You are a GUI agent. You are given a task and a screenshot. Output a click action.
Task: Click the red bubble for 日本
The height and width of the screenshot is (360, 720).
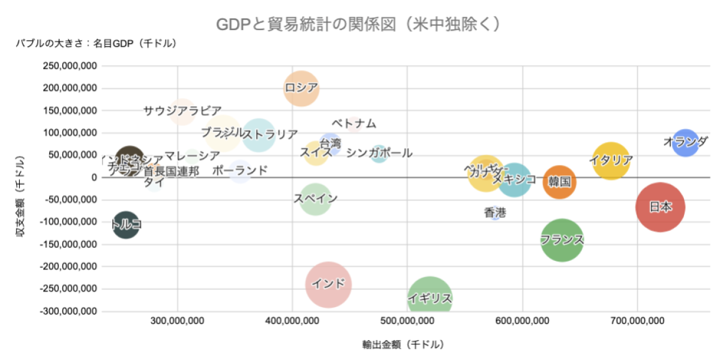660,207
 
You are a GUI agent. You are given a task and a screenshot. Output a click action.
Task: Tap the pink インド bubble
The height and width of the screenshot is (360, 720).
328,284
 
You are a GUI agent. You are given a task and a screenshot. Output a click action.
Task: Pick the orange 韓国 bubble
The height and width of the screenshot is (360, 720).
559,181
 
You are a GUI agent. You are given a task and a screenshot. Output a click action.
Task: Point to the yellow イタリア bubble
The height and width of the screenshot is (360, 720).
611,161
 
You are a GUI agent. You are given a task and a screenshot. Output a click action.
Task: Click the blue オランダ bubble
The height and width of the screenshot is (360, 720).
685,142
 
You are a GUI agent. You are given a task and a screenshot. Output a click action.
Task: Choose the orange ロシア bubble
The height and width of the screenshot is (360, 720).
301,88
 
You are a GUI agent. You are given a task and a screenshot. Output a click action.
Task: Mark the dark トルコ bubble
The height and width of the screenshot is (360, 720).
126,225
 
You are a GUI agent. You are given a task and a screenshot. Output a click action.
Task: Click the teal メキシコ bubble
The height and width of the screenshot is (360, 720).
514,179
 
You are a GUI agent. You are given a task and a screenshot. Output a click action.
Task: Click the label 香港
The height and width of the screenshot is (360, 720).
495,212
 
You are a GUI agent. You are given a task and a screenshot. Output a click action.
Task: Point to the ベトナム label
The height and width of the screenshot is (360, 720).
354,124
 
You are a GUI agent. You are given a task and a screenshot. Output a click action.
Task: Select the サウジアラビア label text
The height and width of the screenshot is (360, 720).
182,111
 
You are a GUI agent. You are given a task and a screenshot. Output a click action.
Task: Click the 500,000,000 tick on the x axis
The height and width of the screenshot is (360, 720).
407,322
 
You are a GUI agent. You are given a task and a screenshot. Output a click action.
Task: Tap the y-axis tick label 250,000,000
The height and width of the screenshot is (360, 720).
71,66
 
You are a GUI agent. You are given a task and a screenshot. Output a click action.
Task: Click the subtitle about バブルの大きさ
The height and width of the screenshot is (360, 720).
96,43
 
